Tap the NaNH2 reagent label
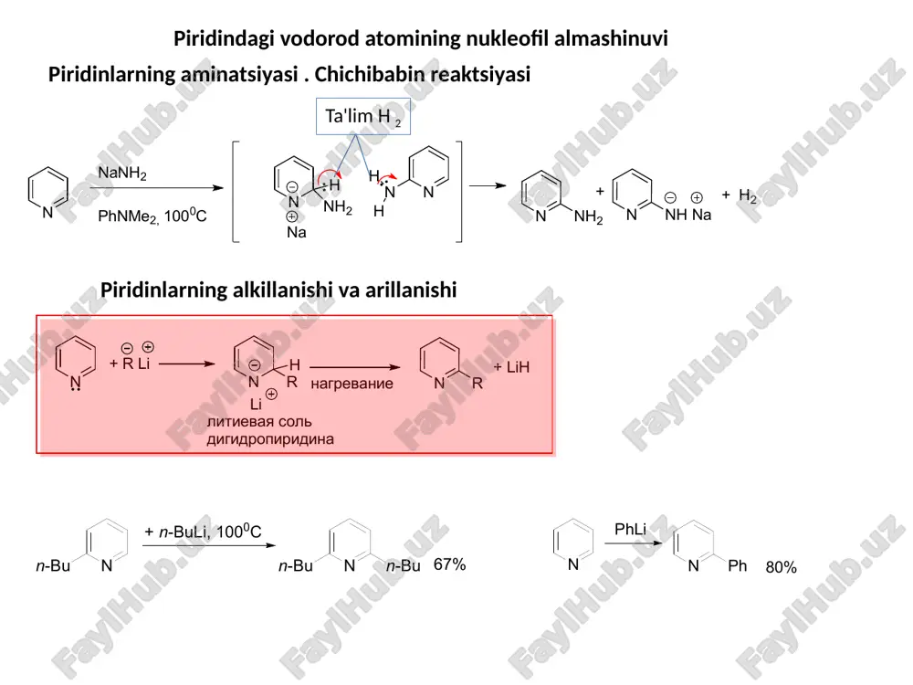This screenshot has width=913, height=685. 122,174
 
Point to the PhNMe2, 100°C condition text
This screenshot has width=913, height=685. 152,216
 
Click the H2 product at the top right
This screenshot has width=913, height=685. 748,195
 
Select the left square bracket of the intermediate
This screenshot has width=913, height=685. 236,191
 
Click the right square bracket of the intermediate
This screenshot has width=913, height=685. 459,191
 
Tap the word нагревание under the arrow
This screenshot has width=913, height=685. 352,384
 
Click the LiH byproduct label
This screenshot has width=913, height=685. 512,367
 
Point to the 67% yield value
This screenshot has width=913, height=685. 449,564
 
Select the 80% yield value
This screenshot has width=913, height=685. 781,567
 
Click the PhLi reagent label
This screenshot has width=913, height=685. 631,530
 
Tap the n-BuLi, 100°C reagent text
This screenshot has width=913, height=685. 204,532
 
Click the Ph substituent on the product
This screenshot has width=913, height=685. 737,565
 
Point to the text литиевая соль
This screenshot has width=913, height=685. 259,422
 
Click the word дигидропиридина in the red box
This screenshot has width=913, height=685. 270,439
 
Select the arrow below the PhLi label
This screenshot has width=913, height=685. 634,543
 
